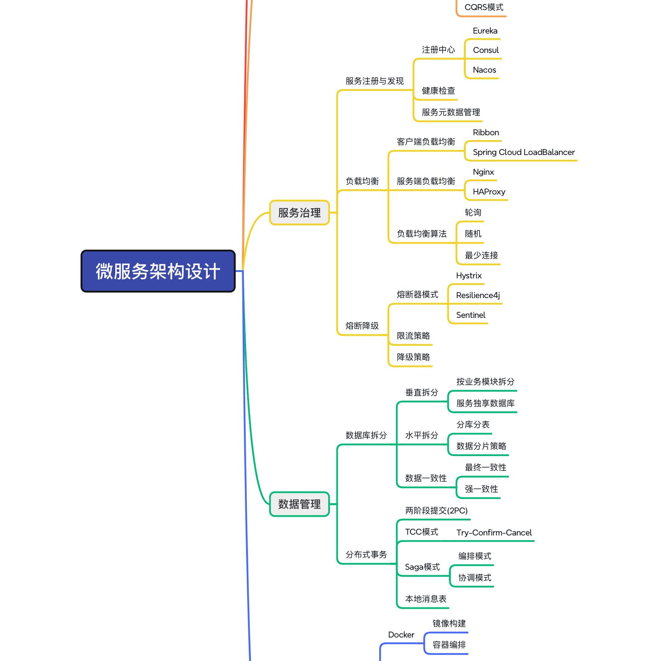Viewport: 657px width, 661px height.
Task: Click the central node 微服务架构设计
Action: (x=158, y=271)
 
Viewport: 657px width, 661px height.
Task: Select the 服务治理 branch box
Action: (x=299, y=212)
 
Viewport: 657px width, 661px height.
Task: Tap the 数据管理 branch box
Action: (x=299, y=504)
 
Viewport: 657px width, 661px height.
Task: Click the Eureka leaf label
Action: (x=485, y=31)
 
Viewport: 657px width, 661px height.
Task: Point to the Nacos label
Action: (x=484, y=70)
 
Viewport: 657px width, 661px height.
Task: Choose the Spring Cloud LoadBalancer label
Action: (x=524, y=152)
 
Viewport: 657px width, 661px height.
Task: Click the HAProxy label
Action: (x=489, y=192)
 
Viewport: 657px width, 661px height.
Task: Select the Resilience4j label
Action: (x=478, y=295)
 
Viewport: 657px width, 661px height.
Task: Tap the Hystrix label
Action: (x=469, y=275)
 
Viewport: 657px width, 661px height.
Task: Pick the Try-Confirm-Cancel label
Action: (x=494, y=532)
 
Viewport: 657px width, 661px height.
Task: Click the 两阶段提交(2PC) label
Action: (x=436, y=510)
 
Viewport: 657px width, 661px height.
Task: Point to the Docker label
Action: (x=401, y=635)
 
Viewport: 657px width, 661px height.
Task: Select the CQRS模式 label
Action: (x=484, y=7)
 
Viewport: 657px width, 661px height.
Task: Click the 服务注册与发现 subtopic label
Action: (x=374, y=81)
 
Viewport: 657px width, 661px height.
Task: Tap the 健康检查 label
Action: (x=438, y=91)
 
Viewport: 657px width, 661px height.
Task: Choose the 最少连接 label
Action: (x=481, y=255)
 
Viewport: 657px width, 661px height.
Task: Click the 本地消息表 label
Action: (x=426, y=599)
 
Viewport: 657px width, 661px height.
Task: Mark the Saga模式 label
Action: (x=422, y=567)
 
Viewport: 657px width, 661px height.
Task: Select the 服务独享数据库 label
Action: (x=485, y=403)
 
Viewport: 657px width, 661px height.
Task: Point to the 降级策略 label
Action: (x=414, y=357)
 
